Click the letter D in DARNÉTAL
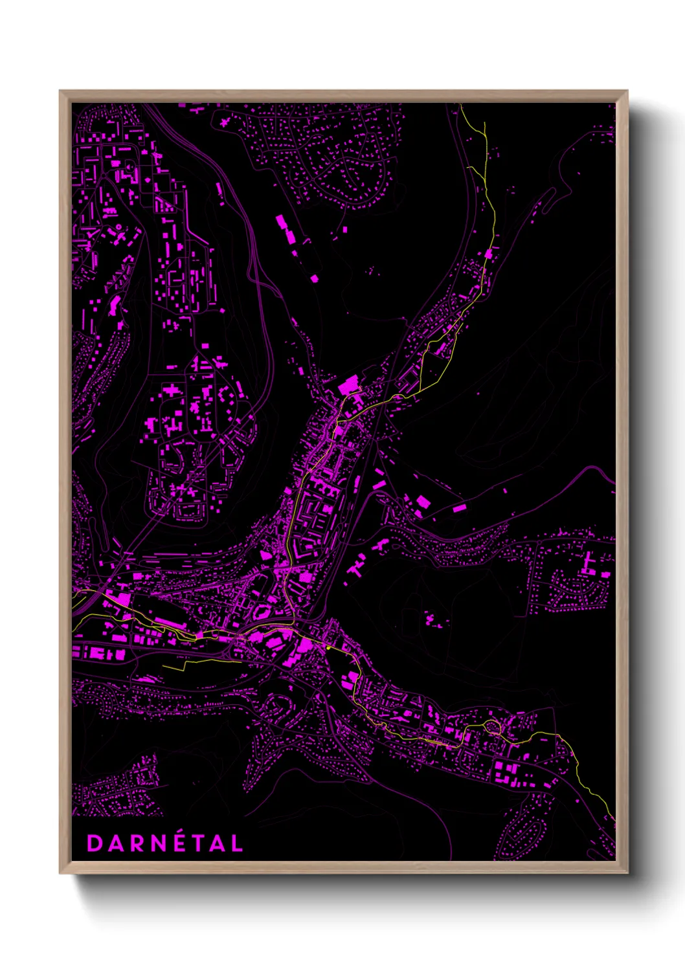(x=95, y=843)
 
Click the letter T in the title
(x=199, y=843)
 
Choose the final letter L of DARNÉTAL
(x=237, y=843)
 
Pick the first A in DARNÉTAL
(x=116, y=843)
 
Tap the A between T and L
(x=217, y=843)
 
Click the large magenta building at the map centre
(x=348, y=386)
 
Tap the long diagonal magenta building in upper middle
(x=286, y=229)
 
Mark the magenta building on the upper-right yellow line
(x=489, y=253)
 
